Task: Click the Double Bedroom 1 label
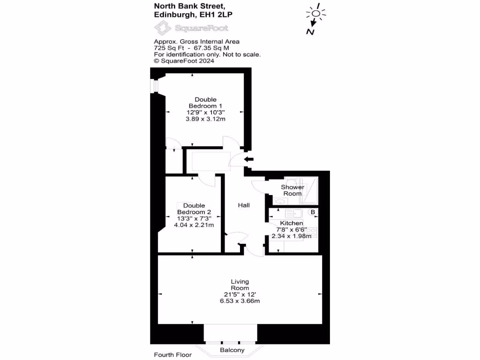tap(205, 103)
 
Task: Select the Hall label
tap(244, 205)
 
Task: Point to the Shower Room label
tap(292, 190)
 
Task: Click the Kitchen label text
tap(292, 223)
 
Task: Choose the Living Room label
tap(240, 285)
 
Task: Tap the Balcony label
tap(232, 350)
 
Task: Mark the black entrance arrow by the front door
tap(248, 160)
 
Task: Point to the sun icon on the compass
tap(316, 13)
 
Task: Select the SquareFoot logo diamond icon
tap(163, 29)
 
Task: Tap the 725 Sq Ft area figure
tap(167, 48)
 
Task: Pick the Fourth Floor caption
tap(172, 355)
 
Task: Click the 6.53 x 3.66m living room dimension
tap(240, 300)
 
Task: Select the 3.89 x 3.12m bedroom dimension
tap(205, 119)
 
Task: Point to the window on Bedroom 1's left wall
tap(152, 85)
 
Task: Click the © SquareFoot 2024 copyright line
tap(184, 60)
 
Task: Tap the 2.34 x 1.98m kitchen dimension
tap(292, 236)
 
